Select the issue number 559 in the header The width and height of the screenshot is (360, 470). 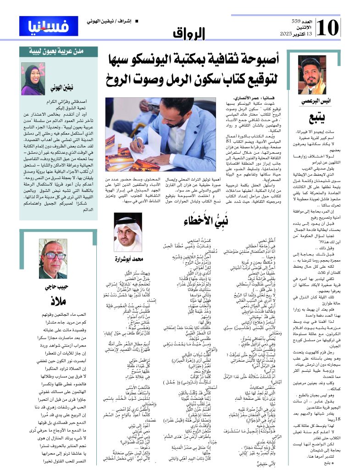click(298, 22)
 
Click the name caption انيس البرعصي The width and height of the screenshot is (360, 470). click(316, 100)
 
